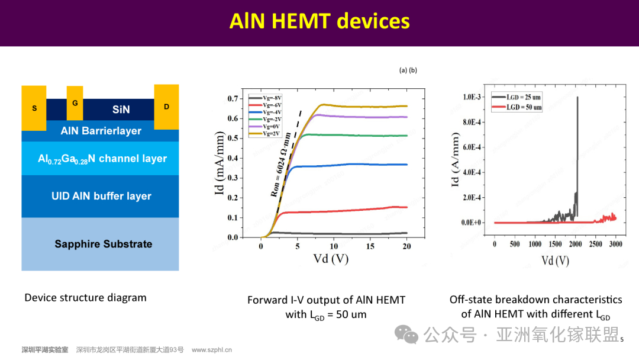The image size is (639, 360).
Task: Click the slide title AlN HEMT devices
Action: coord(319,21)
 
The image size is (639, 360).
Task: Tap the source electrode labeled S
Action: coord(34,108)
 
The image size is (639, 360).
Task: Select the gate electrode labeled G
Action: coord(75,103)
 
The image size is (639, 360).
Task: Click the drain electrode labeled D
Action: coord(166,107)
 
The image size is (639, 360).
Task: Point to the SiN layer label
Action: coord(121,110)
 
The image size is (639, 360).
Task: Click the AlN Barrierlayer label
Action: coord(101,131)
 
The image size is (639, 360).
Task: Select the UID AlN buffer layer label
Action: coord(102,196)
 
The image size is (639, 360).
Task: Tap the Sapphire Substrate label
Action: coord(104,244)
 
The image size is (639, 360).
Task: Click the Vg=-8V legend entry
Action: coord(265,98)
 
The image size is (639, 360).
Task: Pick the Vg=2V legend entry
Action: coord(264,134)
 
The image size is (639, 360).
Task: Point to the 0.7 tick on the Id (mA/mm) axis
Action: coord(233,99)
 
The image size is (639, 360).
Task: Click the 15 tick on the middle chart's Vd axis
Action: coord(370,246)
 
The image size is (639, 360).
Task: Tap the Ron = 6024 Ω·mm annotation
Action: coord(281,165)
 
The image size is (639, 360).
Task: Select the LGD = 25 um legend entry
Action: coord(517,98)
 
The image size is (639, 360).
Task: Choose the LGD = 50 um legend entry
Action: coord(517,107)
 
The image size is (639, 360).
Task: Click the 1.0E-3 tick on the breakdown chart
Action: coord(472,97)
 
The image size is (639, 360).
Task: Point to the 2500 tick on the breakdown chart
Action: coord(595,244)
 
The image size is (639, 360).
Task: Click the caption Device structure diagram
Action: coord(86,298)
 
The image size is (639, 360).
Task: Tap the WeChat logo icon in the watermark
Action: coord(406,335)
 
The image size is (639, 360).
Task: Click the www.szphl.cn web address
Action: coord(211,350)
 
